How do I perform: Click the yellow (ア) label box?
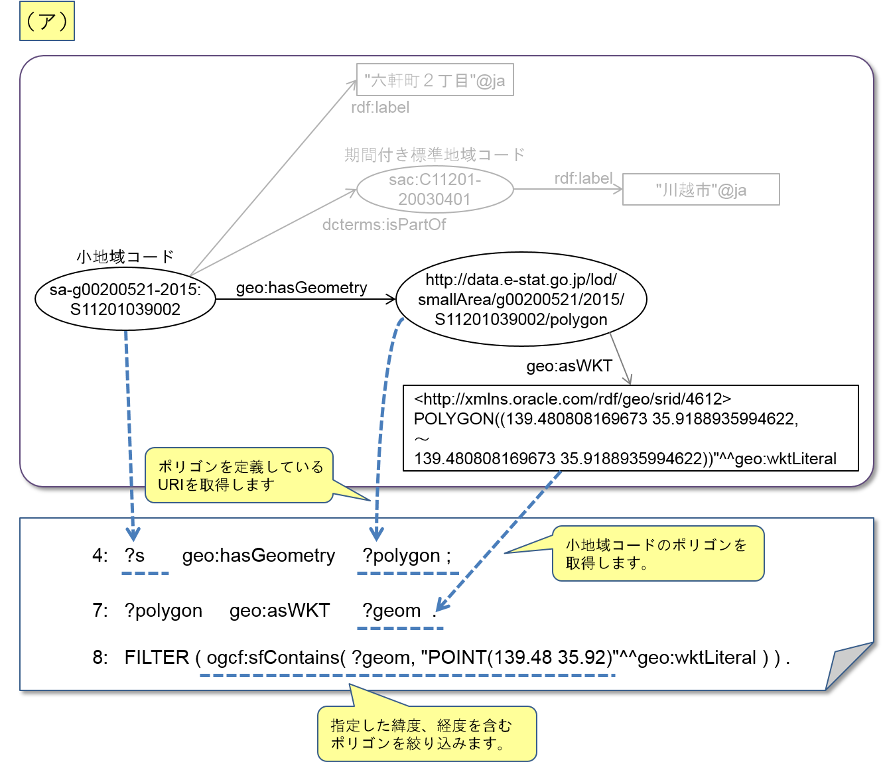(x=46, y=23)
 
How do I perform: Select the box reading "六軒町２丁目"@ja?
(x=435, y=80)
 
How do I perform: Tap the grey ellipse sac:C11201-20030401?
(x=435, y=189)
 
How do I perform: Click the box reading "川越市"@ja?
(x=701, y=190)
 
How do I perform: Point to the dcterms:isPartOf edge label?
(x=384, y=225)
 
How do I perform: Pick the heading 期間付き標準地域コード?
(x=435, y=155)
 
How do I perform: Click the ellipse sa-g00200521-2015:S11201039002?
(x=125, y=299)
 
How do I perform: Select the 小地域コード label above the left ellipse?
(x=125, y=256)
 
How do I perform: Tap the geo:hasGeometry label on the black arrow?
(x=302, y=287)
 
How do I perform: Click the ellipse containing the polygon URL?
(x=521, y=299)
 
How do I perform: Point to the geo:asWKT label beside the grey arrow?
(x=569, y=366)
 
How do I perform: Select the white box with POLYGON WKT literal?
(x=630, y=428)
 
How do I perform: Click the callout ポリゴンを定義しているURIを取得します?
(x=239, y=475)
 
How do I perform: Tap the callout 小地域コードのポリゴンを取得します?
(x=657, y=554)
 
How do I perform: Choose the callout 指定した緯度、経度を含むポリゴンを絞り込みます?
(x=426, y=734)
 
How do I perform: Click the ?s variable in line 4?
(x=135, y=555)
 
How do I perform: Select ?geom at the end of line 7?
(x=391, y=610)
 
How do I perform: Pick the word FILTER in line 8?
(x=157, y=657)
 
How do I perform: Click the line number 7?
(x=100, y=610)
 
